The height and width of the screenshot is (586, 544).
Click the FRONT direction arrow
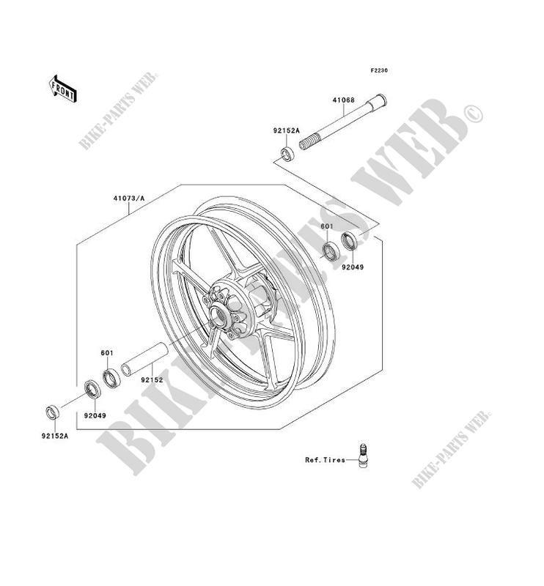[63, 89]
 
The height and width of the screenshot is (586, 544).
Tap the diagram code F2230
[379, 70]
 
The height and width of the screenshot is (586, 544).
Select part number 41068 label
[343, 100]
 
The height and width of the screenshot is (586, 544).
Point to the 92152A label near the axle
[286, 131]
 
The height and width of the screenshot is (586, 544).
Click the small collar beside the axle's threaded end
[288, 154]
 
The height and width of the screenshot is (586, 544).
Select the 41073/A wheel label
[129, 199]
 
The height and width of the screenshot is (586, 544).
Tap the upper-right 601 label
[327, 226]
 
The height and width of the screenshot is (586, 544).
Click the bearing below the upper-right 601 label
[331, 251]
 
